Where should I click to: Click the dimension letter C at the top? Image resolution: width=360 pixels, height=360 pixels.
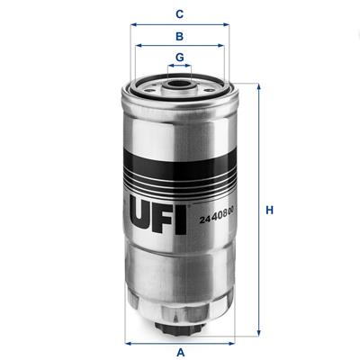[x=180, y=13]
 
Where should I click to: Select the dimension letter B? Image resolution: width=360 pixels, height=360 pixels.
[x=180, y=37]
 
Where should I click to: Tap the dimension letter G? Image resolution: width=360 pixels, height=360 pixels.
[x=180, y=58]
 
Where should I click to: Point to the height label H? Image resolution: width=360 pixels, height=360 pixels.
[x=268, y=211]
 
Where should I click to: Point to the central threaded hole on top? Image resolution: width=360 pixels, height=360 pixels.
[x=180, y=87]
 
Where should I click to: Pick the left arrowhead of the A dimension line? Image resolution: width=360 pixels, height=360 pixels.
[x=129, y=342]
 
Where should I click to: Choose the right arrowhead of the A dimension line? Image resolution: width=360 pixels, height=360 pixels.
[x=232, y=342]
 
